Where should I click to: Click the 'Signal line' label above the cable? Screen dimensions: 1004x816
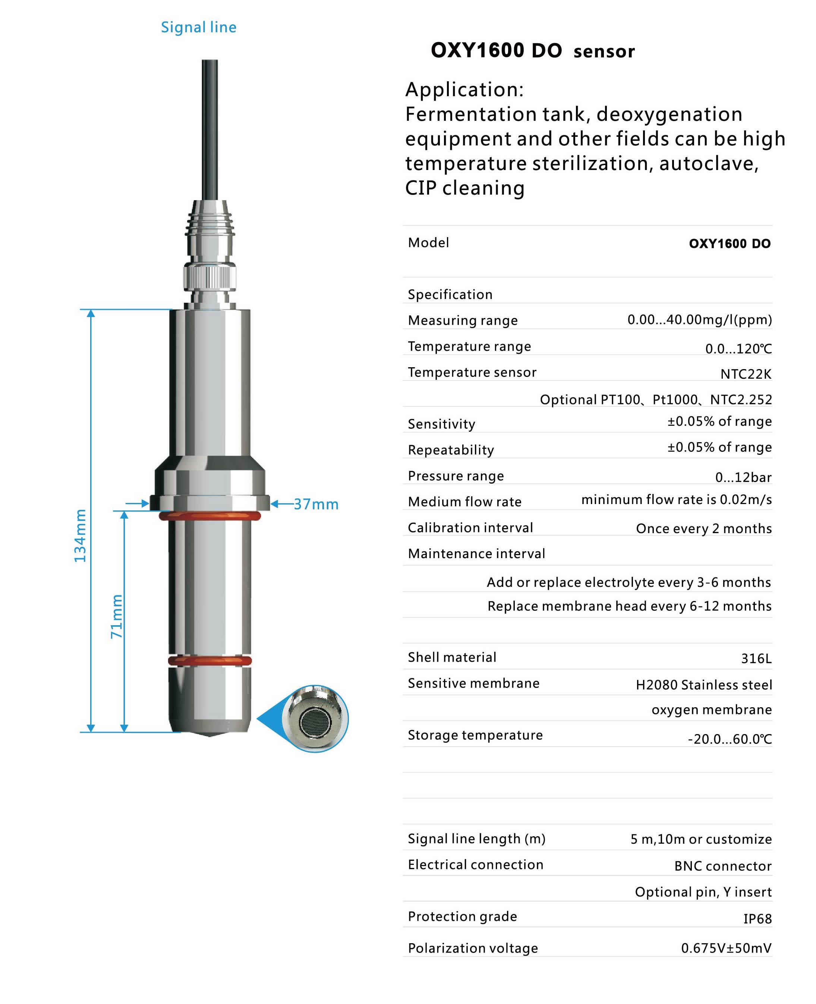click(198, 27)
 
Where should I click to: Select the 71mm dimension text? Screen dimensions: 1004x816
click(117, 616)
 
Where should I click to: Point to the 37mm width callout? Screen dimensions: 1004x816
click(316, 504)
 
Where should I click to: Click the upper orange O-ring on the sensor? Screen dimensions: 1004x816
click(209, 516)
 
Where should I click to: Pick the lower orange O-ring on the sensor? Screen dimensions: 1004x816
click(209, 661)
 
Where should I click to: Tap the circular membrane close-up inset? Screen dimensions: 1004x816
click(315, 719)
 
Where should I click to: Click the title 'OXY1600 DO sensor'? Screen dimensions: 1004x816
click(533, 51)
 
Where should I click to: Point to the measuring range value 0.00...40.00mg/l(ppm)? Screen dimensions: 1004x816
click(699, 320)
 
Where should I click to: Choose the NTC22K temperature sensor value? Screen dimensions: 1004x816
click(746, 374)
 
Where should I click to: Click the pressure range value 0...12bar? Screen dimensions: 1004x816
click(743, 478)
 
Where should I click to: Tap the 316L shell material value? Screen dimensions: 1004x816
click(756, 658)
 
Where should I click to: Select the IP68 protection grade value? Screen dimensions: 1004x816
click(757, 919)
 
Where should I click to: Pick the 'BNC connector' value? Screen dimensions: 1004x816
click(722, 866)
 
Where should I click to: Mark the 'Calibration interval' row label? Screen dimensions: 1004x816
click(470, 528)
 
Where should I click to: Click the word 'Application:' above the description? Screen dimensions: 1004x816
click(464, 89)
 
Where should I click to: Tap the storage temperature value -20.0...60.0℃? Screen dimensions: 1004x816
click(730, 739)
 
